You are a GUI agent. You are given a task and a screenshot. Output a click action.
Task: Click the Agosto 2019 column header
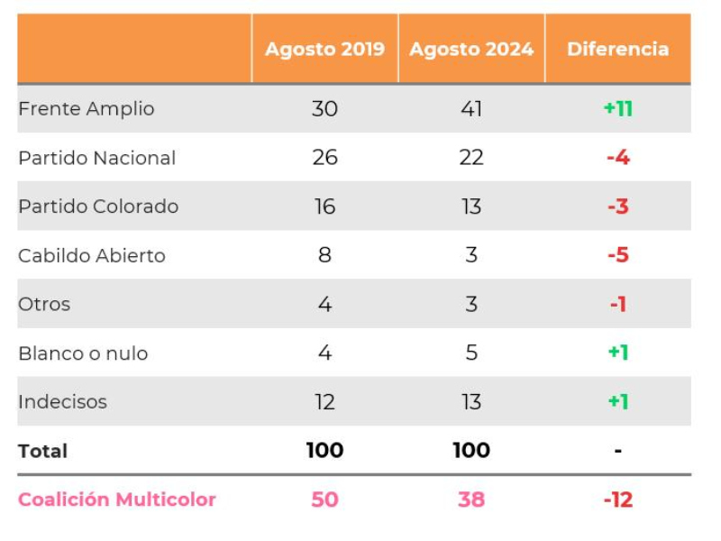pyautogui.click(x=324, y=49)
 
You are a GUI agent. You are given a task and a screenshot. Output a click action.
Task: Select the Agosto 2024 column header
pyautogui.click(x=471, y=49)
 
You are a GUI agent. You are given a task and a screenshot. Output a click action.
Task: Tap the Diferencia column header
pyautogui.click(x=617, y=49)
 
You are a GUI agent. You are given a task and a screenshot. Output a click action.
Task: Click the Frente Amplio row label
pyautogui.click(x=87, y=109)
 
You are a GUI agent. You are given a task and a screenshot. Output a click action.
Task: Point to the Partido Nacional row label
pyautogui.click(x=97, y=158)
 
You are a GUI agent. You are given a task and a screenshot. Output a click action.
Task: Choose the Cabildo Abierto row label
pyautogui.click(x=92, y=256)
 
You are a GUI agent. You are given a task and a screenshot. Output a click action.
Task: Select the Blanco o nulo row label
pyautogui.click(x=83, y=353)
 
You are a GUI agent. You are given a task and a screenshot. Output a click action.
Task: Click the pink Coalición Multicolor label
pyautogui.click(x=117, y=500)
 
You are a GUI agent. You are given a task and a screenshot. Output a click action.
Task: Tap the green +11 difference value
pyautogui.click(x=618, y=109)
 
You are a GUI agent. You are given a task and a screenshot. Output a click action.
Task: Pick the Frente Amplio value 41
pyautogui.click(x=471, y=109)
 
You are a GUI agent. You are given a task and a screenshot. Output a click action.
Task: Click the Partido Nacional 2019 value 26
pyautogui.click(x=324, y=158)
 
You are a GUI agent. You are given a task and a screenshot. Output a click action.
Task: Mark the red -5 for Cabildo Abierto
pyautogui.click(x=617, y=256)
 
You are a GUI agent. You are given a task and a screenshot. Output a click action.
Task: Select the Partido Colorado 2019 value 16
pyautogui.click(x=324, y=206)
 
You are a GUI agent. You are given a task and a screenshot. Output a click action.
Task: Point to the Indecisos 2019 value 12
pyautogui.click(x=324, y=402)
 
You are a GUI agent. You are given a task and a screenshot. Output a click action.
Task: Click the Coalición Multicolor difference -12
pyautogui.click(x=618, y=500)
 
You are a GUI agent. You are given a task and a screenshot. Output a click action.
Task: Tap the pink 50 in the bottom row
pyautogui.click(x=324, y=500)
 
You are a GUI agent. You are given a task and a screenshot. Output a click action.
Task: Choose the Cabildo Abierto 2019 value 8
pyautogui.click(x=324, y=256)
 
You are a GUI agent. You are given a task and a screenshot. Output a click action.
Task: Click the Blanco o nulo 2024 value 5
pyautogui.click(x=471, y=353)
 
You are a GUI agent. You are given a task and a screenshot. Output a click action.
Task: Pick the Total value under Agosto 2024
pyautogui.click(x=471, y=451)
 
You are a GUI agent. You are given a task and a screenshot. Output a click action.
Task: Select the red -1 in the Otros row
pyautogui.click(x=617, y=305)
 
